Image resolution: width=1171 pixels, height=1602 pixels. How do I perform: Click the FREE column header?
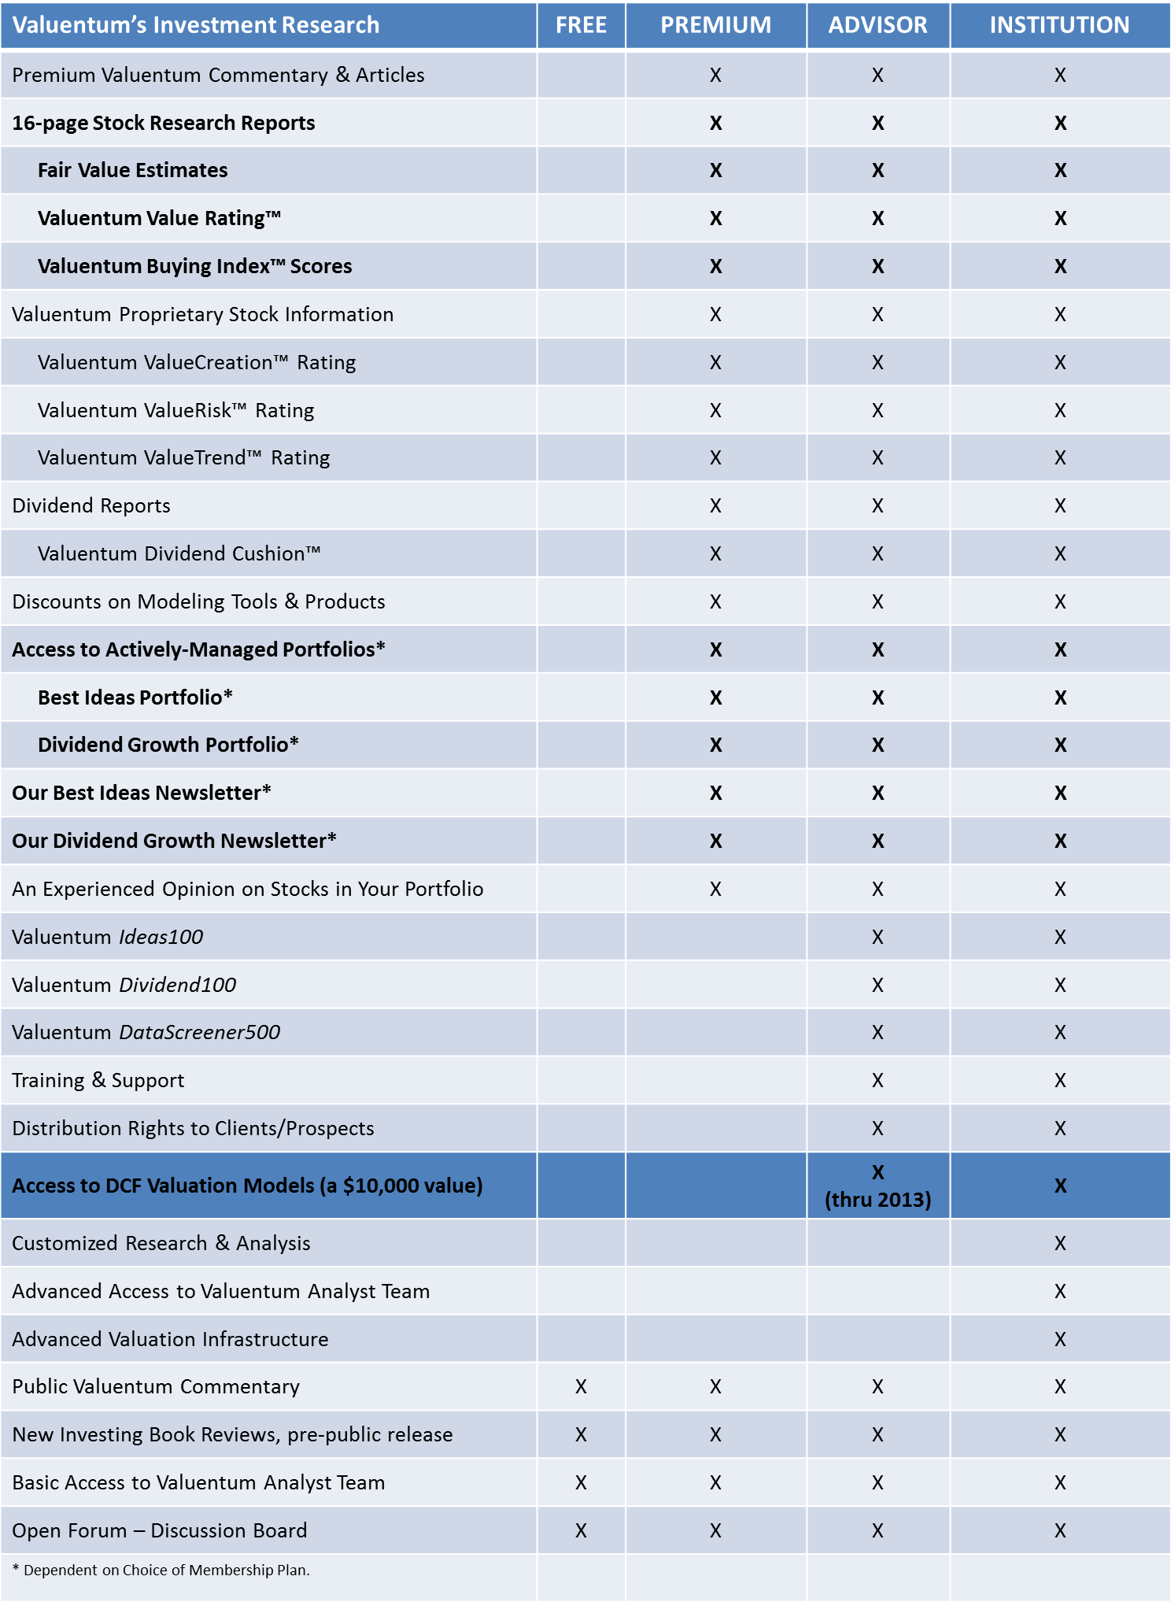[581, 25]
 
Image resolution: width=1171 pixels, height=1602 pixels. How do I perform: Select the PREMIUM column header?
[715, 25]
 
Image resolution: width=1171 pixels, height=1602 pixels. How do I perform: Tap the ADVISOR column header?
[877, 25]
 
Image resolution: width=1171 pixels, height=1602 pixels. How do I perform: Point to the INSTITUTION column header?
[1059, 25]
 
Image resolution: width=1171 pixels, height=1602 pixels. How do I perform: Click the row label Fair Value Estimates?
[132, 170]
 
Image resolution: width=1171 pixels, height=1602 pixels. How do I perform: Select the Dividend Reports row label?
[91, 505]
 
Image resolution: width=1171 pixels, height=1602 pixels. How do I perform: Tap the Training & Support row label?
[98, 1080]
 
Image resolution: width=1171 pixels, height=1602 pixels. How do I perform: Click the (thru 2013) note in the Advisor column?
[877, 1200]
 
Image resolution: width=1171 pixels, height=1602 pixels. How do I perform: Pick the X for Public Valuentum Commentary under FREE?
[581, 1386]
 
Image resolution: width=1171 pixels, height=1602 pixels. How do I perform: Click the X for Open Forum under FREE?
[581, 1530]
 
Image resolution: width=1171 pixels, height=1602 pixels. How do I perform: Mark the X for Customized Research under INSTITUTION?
[1060, 1243]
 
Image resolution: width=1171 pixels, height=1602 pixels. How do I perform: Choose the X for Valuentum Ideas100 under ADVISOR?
[877, 937]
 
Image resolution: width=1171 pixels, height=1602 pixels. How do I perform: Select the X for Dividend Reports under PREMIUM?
[715, 505]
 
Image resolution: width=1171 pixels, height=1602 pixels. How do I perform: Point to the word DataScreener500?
[200, 1032]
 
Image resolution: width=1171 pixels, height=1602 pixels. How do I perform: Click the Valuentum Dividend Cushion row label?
[179, 553]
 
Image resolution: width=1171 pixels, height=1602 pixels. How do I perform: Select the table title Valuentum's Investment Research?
[196, 25]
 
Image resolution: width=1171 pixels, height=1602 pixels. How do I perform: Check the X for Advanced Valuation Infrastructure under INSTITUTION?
[1060, 1339]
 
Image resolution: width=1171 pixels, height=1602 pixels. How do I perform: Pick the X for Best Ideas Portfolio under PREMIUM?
[715, 697]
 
